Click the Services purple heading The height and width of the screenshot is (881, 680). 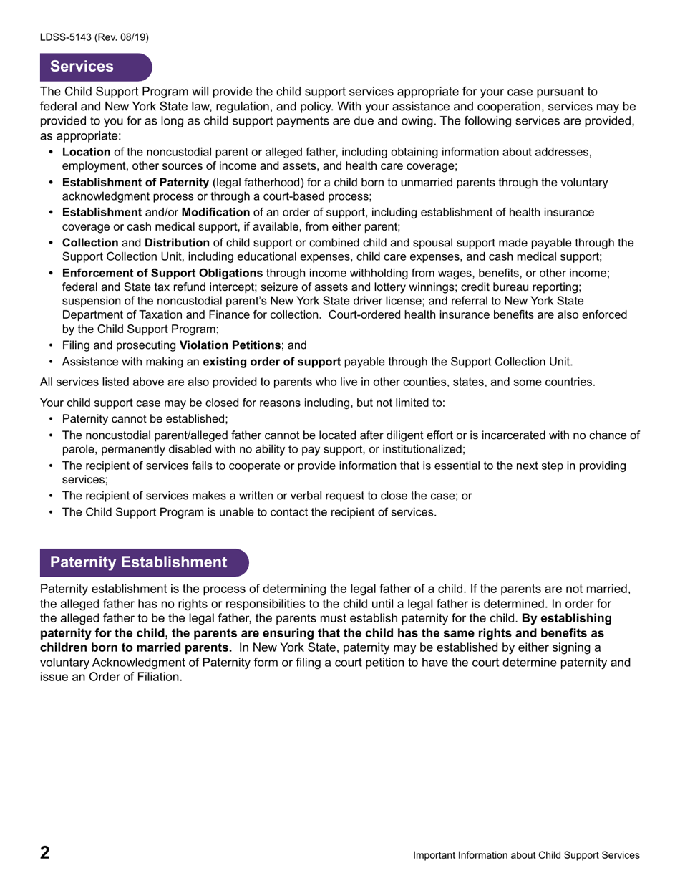click(x=82, y=67)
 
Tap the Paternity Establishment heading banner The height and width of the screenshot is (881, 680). click(x=138, y=562)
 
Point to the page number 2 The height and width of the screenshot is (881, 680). click(x=45, y=852)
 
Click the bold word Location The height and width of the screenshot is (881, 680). click(x=86, y=152)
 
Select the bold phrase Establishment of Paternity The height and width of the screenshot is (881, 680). click(x=135, y=183)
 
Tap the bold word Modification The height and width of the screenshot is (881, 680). click(x=215, y=213)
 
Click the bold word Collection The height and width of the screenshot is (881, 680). click(x=89, y=243)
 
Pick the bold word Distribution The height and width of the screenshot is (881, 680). click(x=177, y=243)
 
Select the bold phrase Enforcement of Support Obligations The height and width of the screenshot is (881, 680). click(x=162, y=273)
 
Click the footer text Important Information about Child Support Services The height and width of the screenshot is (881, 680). click(x=526, y=855)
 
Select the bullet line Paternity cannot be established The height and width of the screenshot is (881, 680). click(x=145, y=419)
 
